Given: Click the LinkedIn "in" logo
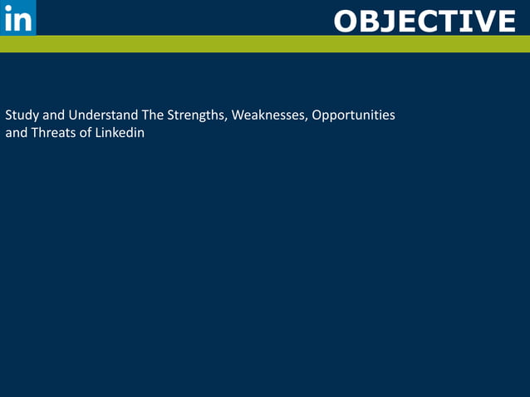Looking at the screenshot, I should coord(17,17).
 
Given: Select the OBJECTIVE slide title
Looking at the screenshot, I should coord(424,21).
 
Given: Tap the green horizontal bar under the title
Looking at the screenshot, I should coord(265,44).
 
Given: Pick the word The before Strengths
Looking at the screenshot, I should coord(155,115).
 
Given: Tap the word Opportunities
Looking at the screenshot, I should coord(353,115).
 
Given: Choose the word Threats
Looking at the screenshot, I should coord(52,133).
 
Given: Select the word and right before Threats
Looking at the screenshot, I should coord(16,133).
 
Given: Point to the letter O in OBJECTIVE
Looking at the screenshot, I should coord(347,21).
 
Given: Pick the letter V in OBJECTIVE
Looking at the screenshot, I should coord(480,21).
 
